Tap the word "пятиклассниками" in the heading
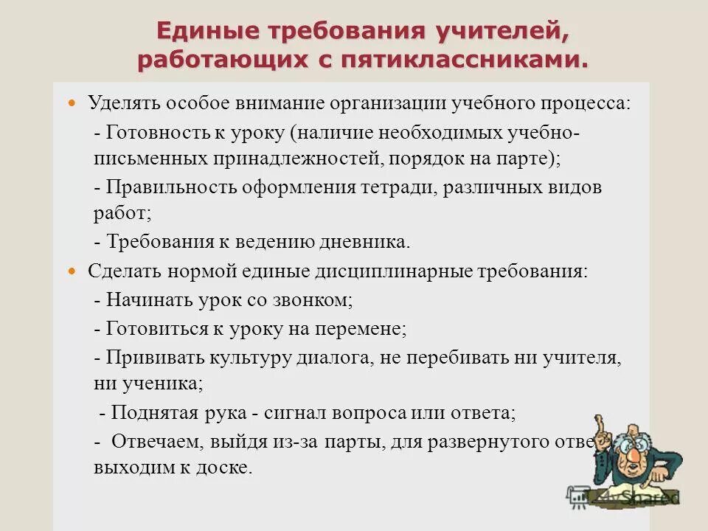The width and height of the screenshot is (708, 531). click(x=463, y=60)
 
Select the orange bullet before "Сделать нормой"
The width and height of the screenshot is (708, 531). click(x=72, y=271)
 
